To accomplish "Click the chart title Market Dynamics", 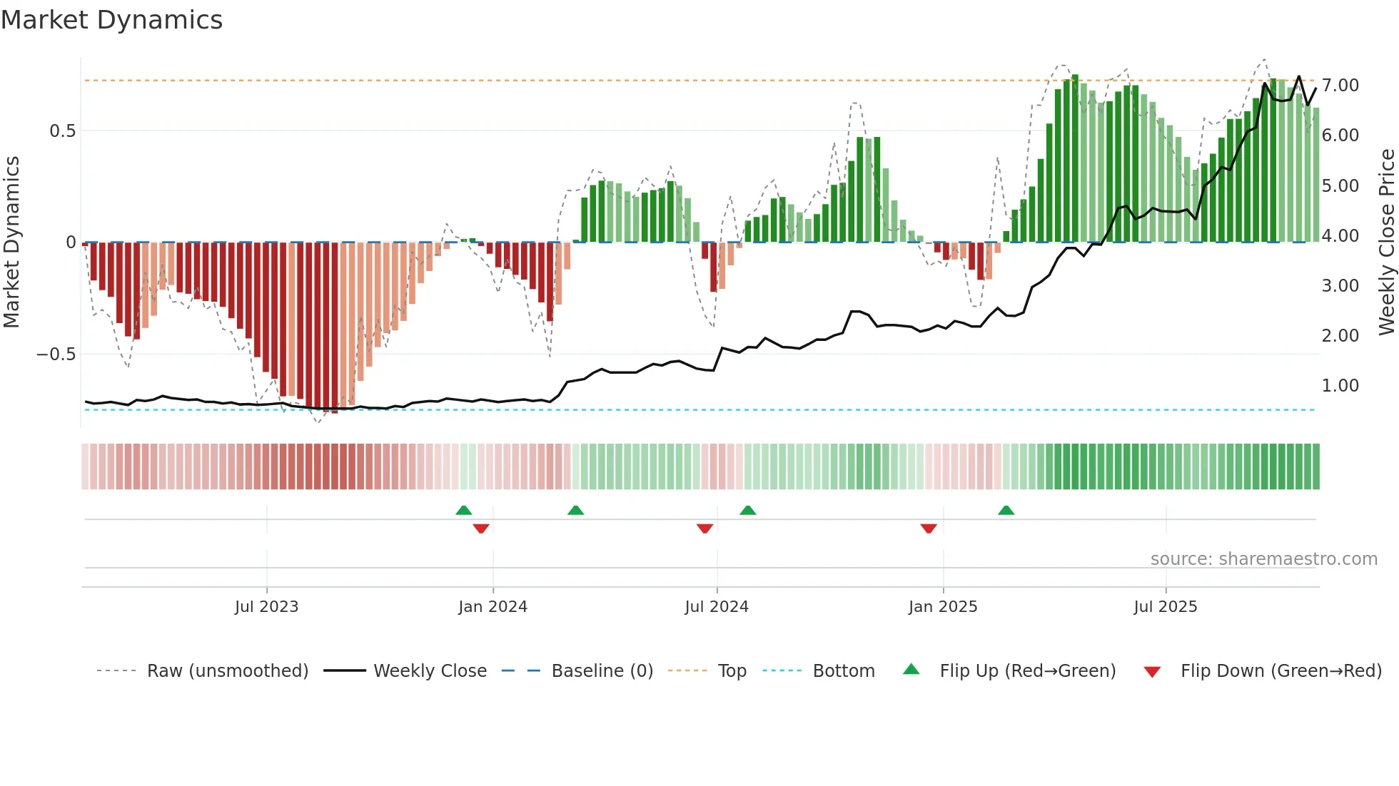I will coord(111,20).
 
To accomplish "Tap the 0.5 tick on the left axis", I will coord(62,131).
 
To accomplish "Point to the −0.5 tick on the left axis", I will coord(56,354).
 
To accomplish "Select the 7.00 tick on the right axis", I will coord(1340,86).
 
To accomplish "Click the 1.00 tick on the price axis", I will coord(1340,386).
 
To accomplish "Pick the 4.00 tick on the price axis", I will coord(1340,236).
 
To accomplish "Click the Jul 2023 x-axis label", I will coord(266,607).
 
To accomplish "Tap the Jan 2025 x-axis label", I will coord(942,607).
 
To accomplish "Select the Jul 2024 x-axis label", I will coord(716,607).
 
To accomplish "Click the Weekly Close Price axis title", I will coord(1386,243).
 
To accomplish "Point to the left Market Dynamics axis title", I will coord(11,243).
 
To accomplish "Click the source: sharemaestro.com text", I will coord(1263,559).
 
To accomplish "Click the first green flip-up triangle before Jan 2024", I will coord(464,510).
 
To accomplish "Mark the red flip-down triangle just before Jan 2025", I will coord(928,529).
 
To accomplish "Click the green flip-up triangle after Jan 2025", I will coord(1006,510).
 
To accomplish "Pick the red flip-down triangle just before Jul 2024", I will coord(704,529).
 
